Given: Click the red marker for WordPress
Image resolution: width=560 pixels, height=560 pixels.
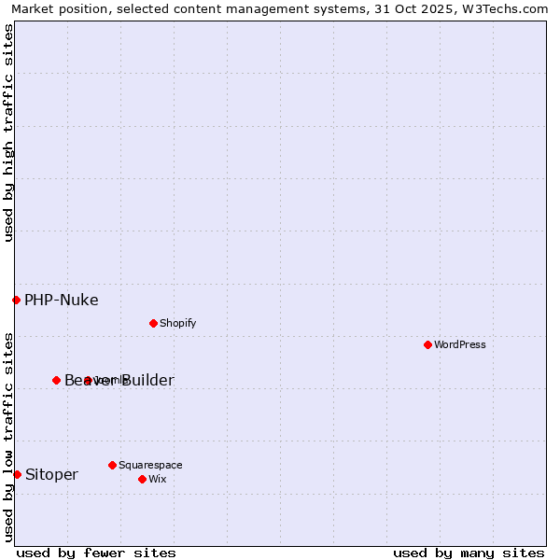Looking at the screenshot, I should tap(427, 344).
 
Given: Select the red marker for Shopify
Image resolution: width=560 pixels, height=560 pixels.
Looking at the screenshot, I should tap(153, 323).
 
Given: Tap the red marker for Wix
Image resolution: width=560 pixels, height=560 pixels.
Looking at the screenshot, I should tap(142, 479).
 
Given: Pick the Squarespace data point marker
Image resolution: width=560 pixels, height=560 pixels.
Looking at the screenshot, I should tap(112, 465).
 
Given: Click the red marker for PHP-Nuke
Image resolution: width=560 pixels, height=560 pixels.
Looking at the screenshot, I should tap(16, 300).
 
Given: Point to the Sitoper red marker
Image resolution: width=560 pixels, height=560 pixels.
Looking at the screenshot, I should tap(17, 474).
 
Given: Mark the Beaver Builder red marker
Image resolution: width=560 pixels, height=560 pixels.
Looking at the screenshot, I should tap(56, 380).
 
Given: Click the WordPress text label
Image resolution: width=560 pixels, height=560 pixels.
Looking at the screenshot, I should tap(460, 344).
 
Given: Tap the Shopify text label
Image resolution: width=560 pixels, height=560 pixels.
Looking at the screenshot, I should tap(177, 323).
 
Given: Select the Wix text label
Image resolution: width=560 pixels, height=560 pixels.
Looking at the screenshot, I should tap(157, 479).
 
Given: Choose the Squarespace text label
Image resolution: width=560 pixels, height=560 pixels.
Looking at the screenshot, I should tap(150, 465).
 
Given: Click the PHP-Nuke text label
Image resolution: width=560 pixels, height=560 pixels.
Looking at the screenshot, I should tap(61, 300).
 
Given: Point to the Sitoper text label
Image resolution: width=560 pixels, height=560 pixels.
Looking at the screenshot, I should tap(51, 474).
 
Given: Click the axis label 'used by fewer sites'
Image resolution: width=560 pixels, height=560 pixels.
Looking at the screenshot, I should tap(96, 553).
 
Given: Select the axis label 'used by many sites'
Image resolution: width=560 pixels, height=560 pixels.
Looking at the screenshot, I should tap(469, 553).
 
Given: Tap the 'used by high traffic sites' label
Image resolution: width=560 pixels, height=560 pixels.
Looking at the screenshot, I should tap(8, 133).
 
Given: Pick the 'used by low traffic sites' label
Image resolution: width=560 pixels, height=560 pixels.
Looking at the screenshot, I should tap(8, 436).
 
